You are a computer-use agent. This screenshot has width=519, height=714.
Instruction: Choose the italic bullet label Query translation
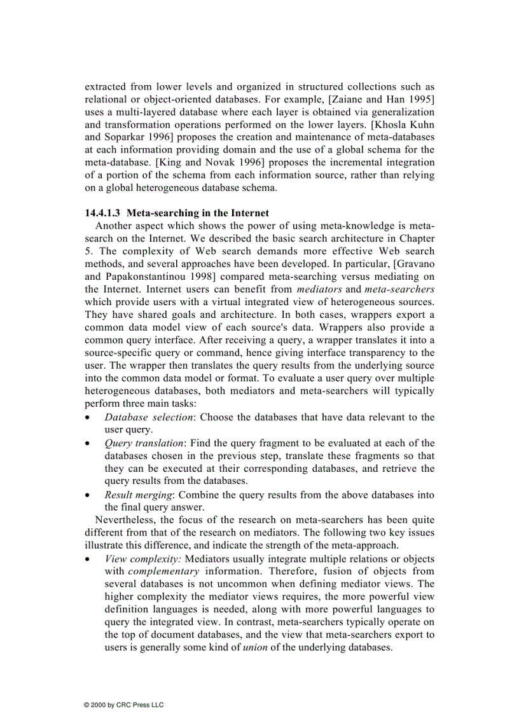(144, 443)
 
